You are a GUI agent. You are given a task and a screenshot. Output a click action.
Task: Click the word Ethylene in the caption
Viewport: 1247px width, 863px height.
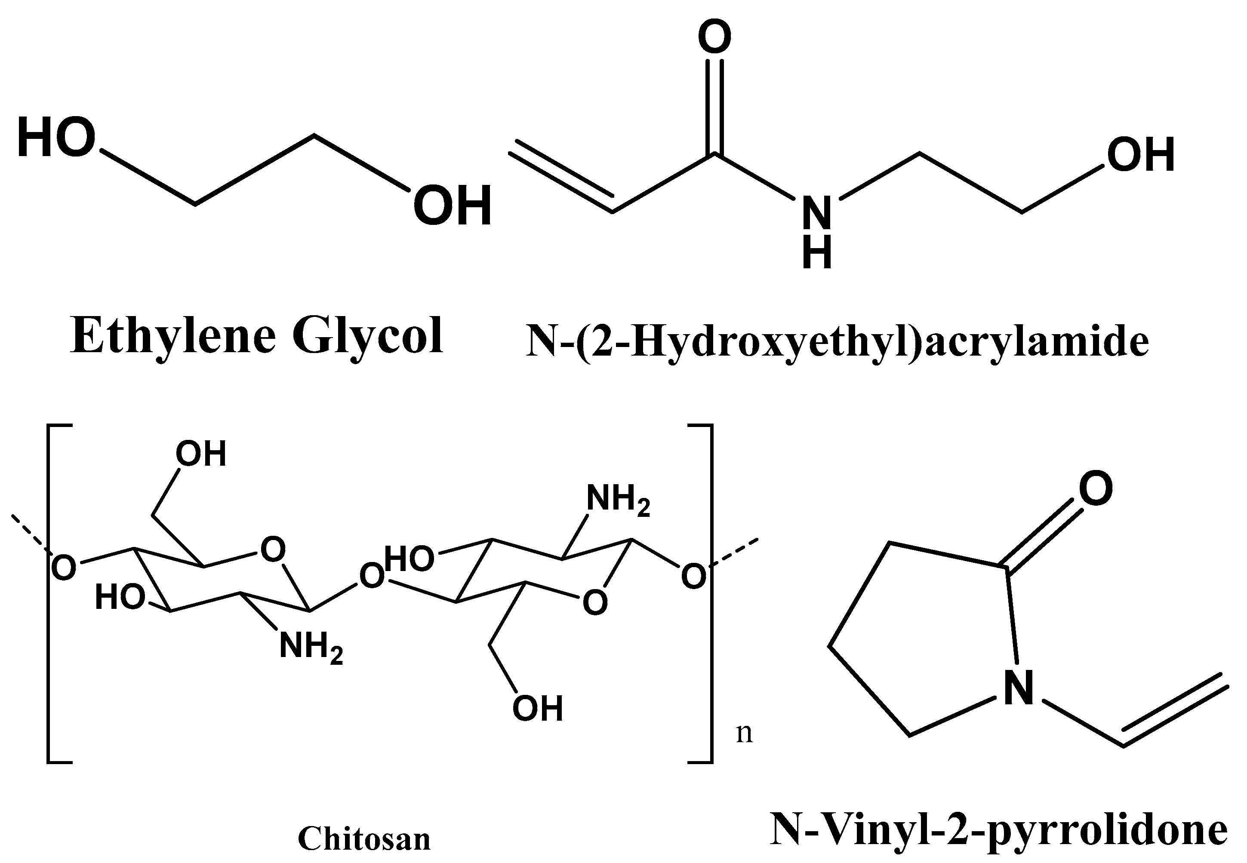coord(173,336)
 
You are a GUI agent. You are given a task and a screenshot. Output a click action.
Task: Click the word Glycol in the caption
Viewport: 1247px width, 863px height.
coord(368,336)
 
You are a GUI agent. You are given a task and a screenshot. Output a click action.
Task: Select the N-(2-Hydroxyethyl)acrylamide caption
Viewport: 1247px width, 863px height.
coord(837,342)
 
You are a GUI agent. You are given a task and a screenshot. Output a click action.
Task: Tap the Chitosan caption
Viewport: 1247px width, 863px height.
coord(364,838)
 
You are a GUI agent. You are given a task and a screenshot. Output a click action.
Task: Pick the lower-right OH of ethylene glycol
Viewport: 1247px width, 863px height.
coord(452,205)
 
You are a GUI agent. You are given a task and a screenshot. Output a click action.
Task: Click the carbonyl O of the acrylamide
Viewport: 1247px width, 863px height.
coord(714,37)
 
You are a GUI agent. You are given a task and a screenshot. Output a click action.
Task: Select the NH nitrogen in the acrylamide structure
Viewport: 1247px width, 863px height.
coord(816,214)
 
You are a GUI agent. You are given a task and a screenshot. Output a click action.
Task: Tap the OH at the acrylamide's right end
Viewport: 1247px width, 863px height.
coord(1140,155)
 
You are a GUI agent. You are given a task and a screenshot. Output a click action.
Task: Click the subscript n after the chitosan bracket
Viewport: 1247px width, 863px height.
coord(744,733)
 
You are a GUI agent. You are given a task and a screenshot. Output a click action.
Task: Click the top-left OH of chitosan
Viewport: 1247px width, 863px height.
coord(200,454)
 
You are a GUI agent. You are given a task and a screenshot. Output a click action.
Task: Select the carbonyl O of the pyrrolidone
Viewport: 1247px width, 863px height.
coord(1096,488)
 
